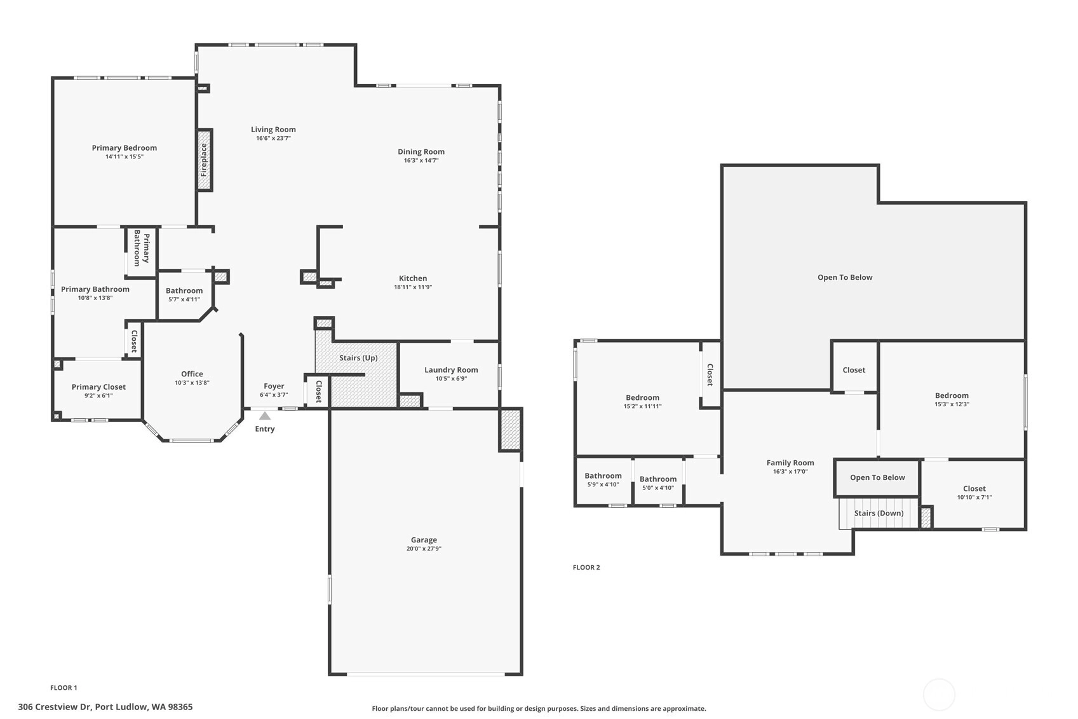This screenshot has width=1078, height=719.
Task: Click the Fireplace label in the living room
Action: [x=203, y=160]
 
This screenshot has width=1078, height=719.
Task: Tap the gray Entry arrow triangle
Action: [x=265, y=416]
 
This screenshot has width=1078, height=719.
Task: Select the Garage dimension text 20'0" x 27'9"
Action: [x=424, y=549]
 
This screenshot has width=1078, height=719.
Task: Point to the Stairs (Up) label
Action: [x=358, y=358]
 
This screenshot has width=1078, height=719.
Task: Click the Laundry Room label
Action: [x=451, y=370]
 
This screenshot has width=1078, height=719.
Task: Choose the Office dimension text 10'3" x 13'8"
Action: [x=192, y=383]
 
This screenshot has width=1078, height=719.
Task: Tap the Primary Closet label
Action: [x=98, y=387]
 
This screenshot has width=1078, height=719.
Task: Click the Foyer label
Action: [x=274, y=387]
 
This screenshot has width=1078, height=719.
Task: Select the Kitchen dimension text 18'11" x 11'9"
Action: [x=413, y=287]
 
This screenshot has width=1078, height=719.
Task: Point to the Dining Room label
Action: [x=421, y=152]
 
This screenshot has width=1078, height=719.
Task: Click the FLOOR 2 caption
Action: [x=586, y=567]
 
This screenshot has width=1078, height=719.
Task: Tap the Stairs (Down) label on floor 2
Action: [x=879, y=513]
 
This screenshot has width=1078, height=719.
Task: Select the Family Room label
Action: [x=790, y=463]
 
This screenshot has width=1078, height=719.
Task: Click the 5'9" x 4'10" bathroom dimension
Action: [x=603, y=484]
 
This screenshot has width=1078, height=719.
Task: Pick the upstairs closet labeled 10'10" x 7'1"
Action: [x=974, y=493]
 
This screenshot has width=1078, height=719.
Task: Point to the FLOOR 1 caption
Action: [x=64, y=688]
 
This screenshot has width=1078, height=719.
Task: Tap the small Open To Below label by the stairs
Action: [x=877, y=477]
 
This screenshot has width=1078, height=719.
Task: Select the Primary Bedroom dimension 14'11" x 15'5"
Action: [x=124, y=156]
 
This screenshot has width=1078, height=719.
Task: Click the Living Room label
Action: [x=273, y=130]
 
